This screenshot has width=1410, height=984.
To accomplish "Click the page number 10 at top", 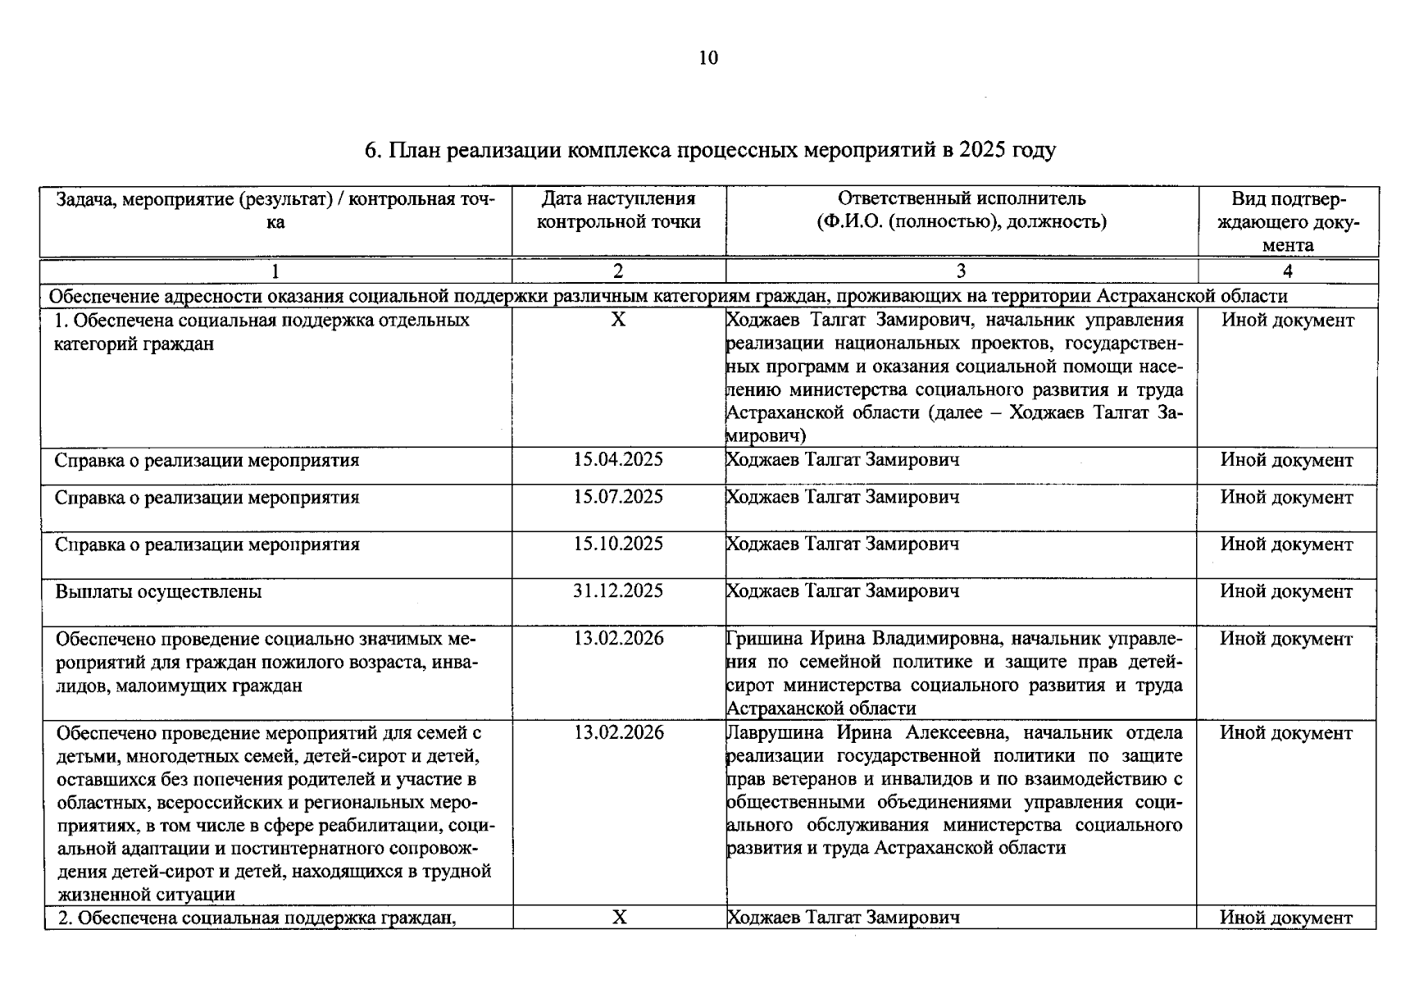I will click(x=708, y=58).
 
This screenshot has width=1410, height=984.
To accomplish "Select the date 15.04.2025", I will click(x=618, y=460).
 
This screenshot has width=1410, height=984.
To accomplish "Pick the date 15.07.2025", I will click(x=618, y=498).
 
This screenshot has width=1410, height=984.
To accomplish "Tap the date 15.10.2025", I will click(x=618, y=544).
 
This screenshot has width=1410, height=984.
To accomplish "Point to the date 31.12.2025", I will click(x=618, y=591).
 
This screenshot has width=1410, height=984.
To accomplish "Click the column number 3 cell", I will click(x=961, y=271).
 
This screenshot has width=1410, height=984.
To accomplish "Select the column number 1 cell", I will click(x=275, y=271).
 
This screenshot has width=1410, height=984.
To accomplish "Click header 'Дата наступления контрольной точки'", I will click(x=618, y=211).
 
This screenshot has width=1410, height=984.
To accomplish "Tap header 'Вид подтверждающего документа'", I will click(x=1287, y=222).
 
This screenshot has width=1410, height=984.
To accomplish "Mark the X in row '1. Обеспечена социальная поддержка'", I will click(x=618, y=320).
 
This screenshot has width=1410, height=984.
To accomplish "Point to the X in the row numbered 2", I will click(x=620, y=918).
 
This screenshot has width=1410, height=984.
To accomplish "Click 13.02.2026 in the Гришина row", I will click(x=618, y=639).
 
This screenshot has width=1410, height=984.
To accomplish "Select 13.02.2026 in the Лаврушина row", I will click(x=618, y=733).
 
